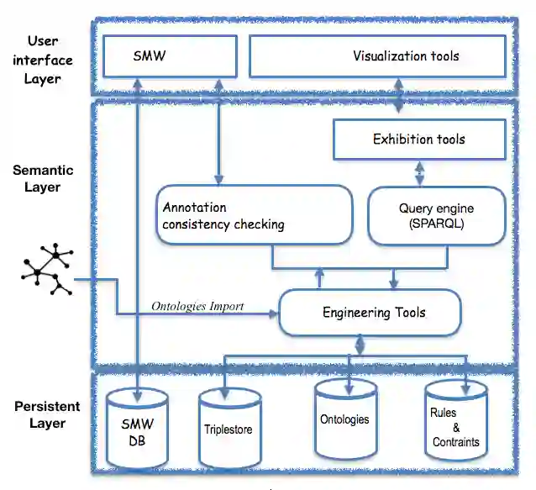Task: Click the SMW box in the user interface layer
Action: point(170,56)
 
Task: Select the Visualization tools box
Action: point(377,56)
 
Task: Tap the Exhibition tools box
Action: point(419,140)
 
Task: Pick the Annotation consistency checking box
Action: point(255,214)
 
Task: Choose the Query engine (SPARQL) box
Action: point(437,216)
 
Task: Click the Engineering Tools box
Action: point(370,312)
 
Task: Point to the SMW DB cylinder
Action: point(137,429)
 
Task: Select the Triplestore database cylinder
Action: point(230,429)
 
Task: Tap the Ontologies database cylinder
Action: point(345,419)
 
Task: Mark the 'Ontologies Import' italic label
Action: point(197,306)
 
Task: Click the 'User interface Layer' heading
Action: point(43,60)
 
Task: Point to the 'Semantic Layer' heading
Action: point(43,178)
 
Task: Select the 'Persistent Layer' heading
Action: point(47,414)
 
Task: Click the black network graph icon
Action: point(47,269)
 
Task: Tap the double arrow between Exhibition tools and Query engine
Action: point(420,173)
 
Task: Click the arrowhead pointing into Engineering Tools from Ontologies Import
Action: point(274,313)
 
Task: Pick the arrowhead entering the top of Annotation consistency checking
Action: point(218,180)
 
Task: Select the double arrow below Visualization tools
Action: point(398,96)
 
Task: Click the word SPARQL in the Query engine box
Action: point(437,224)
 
